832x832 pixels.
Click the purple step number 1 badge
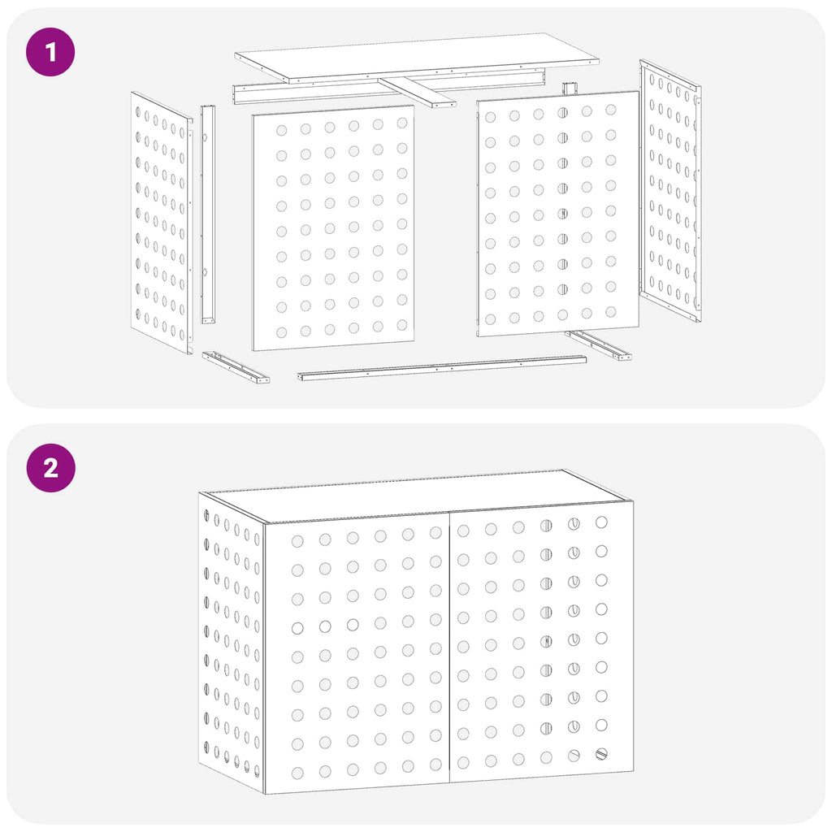[50, 52]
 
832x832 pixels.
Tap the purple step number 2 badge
[51, 468]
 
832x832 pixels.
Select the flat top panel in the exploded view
[417, 58]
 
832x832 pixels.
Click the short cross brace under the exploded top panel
[417, 93]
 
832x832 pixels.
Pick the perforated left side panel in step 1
[162, 223]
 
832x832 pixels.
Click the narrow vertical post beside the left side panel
[207, 214]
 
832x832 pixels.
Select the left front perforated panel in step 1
[333, 227]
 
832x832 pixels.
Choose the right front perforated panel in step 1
[557, 214]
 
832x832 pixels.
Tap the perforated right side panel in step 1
[670, 190]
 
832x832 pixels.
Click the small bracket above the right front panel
[570, 89]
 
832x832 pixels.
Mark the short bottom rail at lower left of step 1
[235, 366]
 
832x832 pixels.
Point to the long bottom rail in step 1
[442, 368]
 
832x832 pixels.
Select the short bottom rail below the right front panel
[598, 344]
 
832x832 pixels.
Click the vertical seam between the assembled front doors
[449, 648]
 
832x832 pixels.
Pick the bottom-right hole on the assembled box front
[601, 753]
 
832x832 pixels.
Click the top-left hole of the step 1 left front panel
[281, 131]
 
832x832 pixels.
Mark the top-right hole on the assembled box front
[601, 522]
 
